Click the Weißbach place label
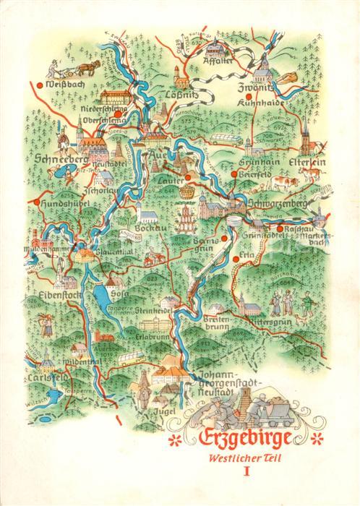[61, 90]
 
